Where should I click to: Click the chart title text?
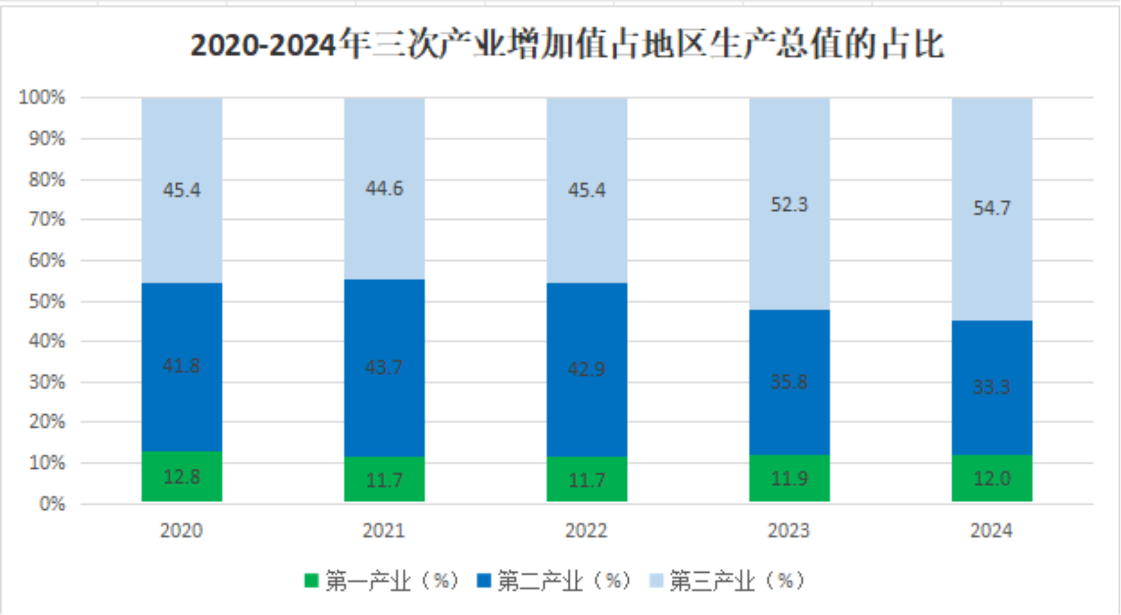[567, 45]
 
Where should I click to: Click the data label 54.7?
[992, 208]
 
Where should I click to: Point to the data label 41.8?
[181, 365]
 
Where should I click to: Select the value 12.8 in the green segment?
[182, 476]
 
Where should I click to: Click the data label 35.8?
[789, 382]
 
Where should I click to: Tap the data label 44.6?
[384, 188]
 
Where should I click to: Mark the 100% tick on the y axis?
[42, 98]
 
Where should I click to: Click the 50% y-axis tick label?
[47, 301]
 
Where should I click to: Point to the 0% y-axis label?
[52, 504]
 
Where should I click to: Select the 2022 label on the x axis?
[586, 530]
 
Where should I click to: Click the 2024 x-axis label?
[991, 530]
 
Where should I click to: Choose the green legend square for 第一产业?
[311, 580]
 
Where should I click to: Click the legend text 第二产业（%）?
[563, 580]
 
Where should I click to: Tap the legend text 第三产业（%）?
[736, 580]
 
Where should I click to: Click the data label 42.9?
[586, 369]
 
